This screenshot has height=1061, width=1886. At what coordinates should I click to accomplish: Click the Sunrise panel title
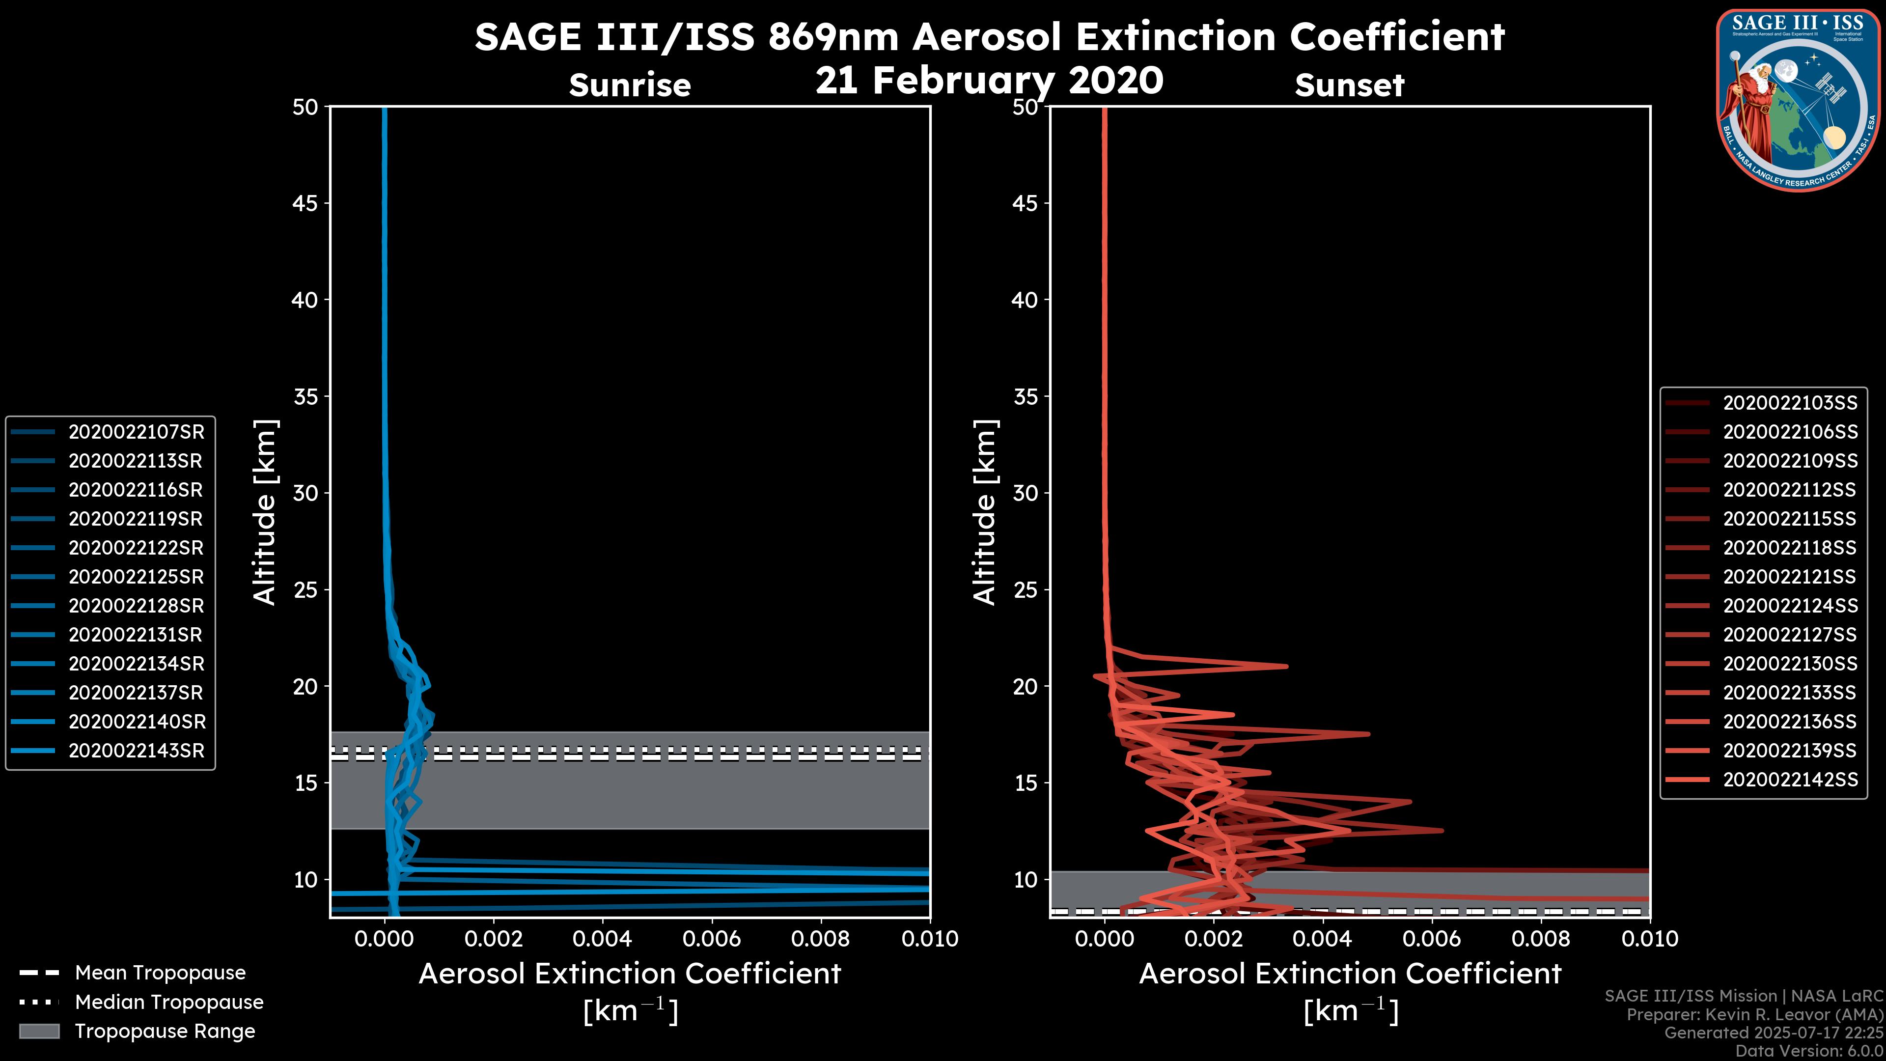[630, 85]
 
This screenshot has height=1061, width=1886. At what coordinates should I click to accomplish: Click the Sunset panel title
[1349, 85]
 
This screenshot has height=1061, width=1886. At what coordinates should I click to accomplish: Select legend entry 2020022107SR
[136, 432]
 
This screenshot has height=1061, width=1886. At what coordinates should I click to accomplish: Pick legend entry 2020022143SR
[136, 751]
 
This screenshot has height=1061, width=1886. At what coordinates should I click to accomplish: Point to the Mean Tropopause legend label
[160, 973]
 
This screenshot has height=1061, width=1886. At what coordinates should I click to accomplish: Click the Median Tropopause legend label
[169, 1002]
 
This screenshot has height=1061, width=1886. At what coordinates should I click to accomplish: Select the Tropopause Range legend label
[165, 1031]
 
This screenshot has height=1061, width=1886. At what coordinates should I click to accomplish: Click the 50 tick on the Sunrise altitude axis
[305, 107]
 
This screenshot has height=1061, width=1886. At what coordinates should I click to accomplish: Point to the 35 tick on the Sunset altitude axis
[1025, 396]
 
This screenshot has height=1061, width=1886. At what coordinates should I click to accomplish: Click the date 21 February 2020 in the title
[989, 81]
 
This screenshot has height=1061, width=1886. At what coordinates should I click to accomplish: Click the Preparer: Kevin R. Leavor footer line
[1754, 1015]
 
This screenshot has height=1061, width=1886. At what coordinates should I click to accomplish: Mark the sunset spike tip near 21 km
[1286, 666]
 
